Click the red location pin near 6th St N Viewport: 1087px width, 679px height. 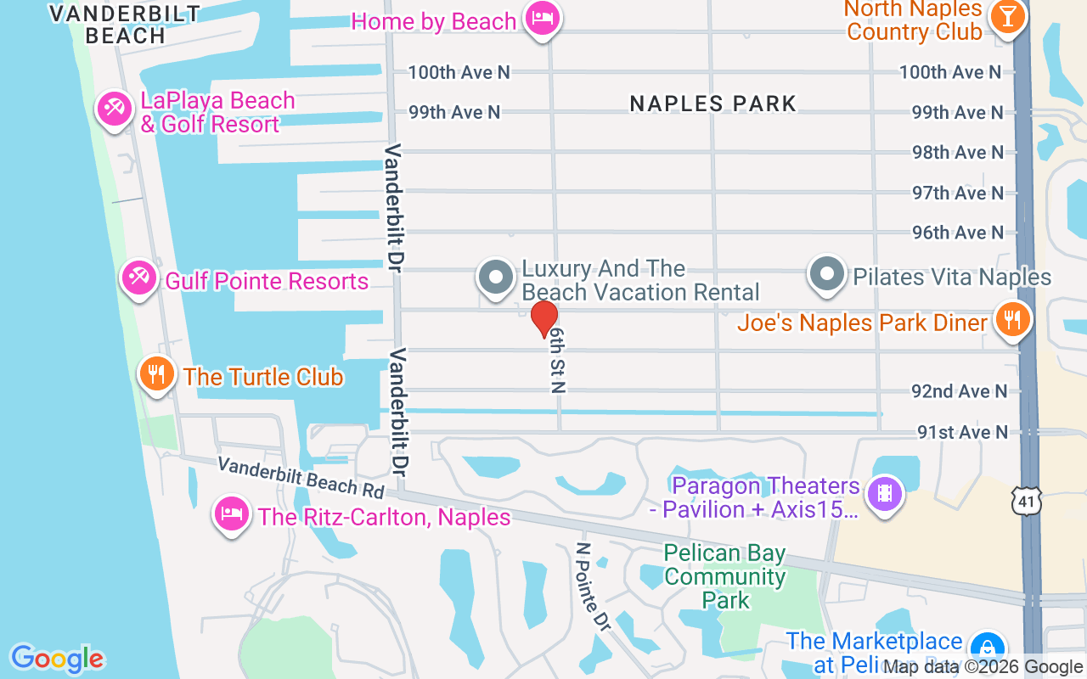pos(543,318)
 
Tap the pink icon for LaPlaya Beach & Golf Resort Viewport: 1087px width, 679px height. pos(114,108)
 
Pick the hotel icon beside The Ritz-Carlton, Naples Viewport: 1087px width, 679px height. pos(232,513)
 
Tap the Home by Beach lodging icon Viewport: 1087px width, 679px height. pos(541,17)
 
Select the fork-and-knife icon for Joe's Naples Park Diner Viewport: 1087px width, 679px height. pos(1011,320)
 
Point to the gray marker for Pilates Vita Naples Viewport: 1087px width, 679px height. pos(826,275)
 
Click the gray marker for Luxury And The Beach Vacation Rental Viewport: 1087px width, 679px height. pos(496,277)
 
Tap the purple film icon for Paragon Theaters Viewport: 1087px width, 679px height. pos(885,492)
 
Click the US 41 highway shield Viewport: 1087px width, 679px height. pos(1026,502)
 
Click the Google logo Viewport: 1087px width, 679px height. pos(58,659)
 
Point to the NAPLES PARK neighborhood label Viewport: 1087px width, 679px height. pos(713,104)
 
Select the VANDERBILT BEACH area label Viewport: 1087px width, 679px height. pos(125,25)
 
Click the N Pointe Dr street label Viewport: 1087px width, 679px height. pos(593,586)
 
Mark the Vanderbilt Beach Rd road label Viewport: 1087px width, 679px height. pos(301,478)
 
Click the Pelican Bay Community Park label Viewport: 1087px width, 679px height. pos(725,577)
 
